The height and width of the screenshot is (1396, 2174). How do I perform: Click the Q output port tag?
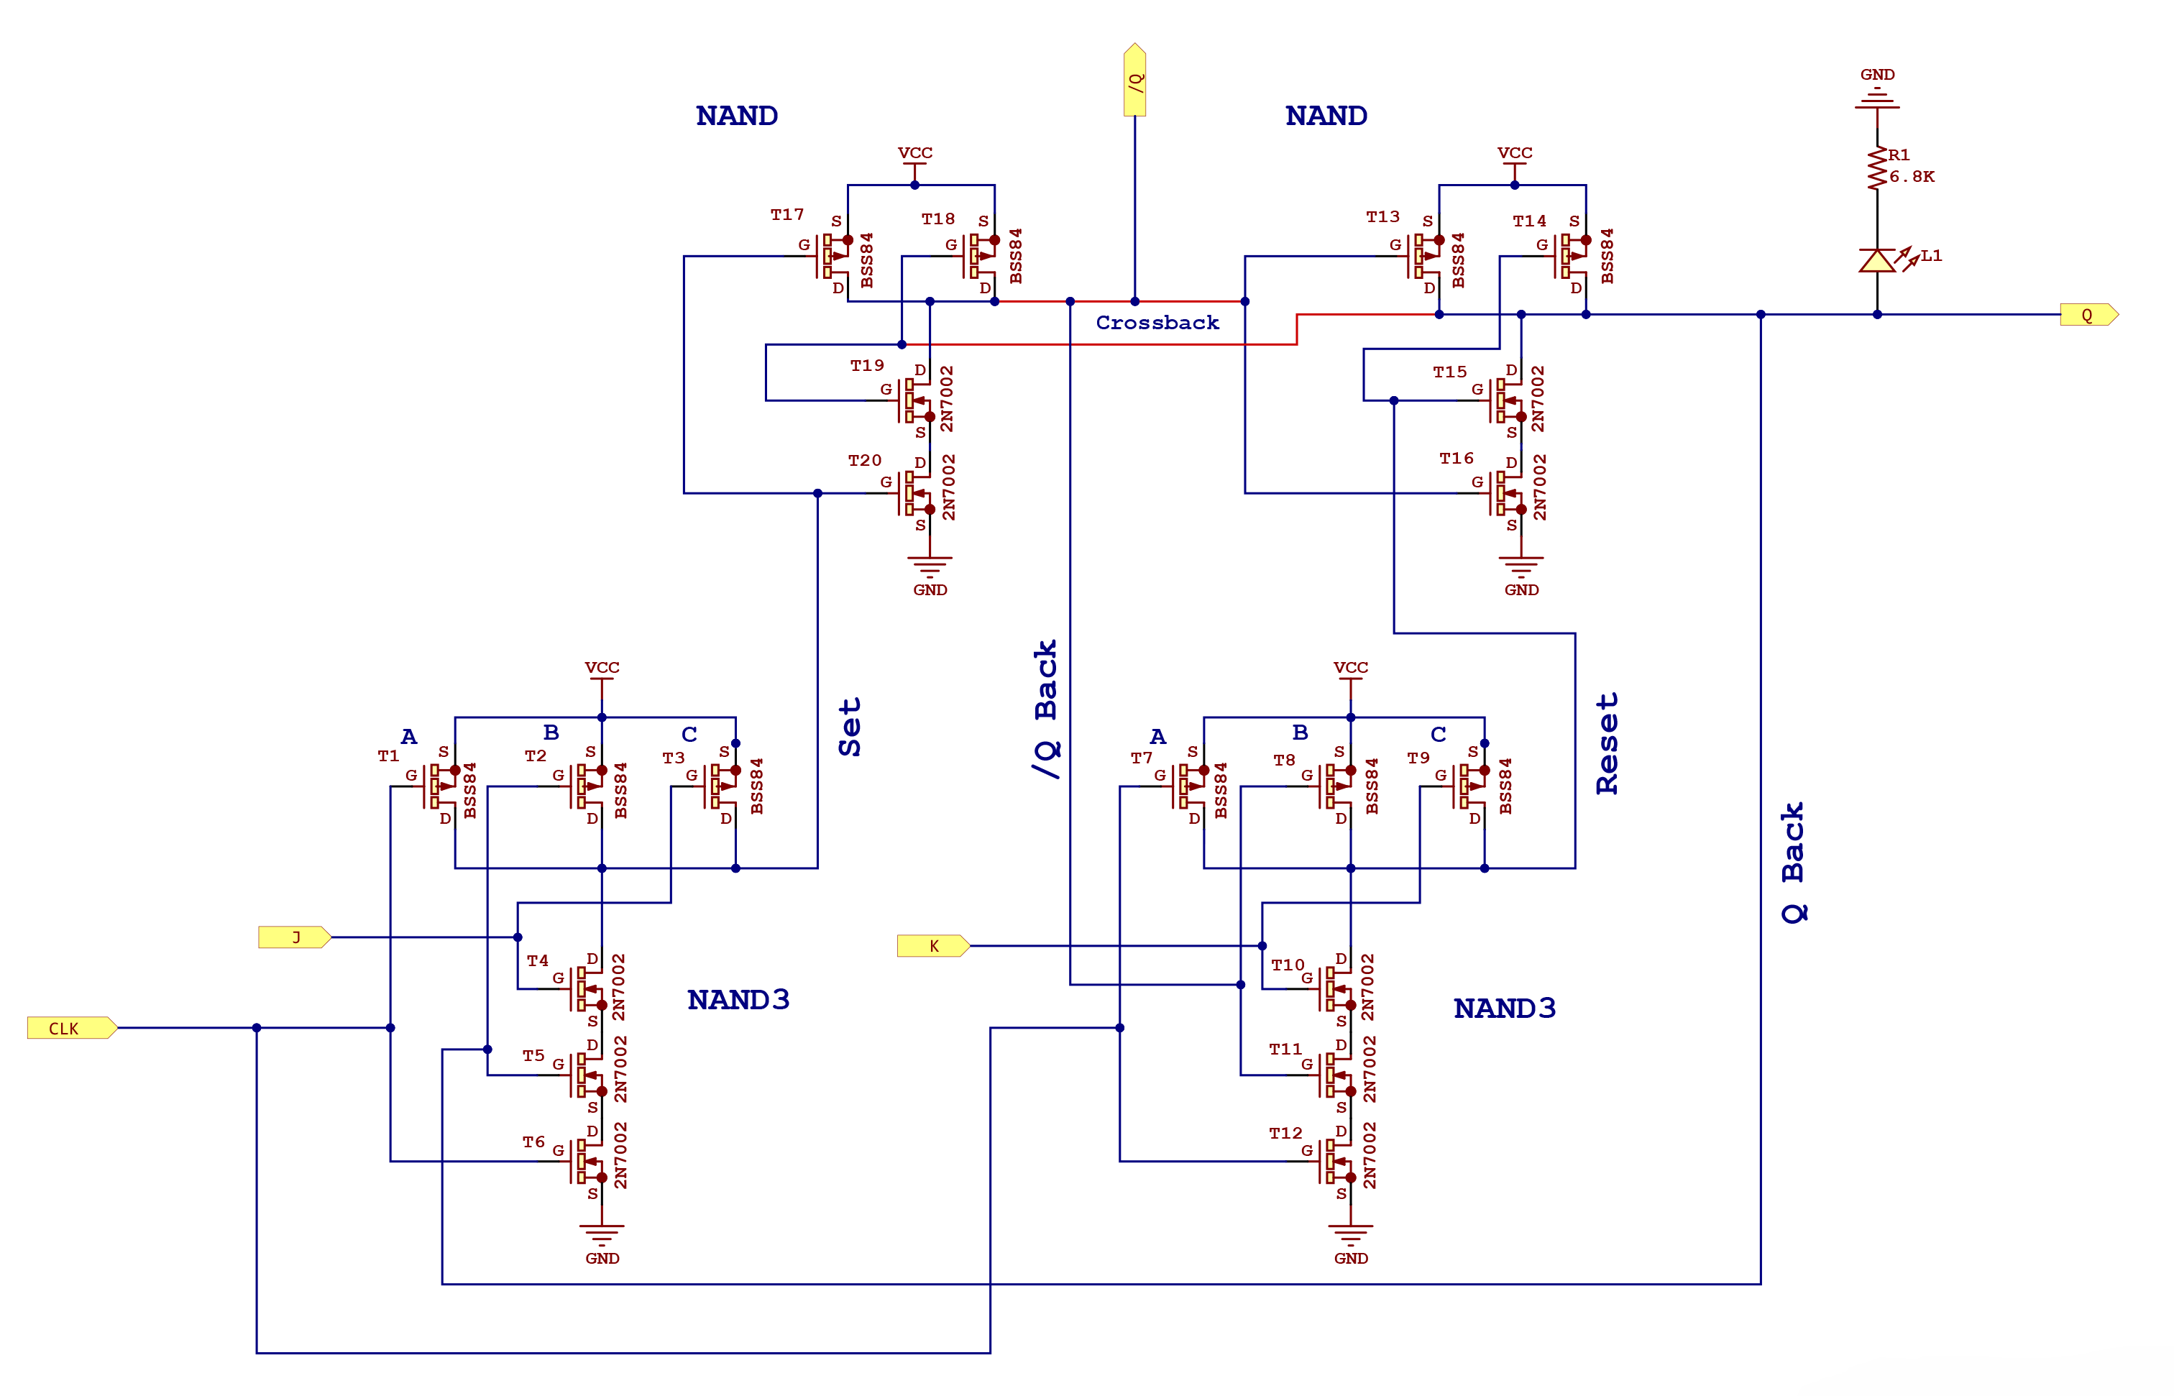click(x=2088, y=315)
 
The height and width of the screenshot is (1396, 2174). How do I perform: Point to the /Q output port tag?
click(x=1134, y=81)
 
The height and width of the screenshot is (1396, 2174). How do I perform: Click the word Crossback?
click(x=1157, y=323)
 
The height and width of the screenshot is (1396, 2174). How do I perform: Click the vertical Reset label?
click(x=1607, y=743)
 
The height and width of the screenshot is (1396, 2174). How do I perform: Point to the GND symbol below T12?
click(x=1350, y=1235)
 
